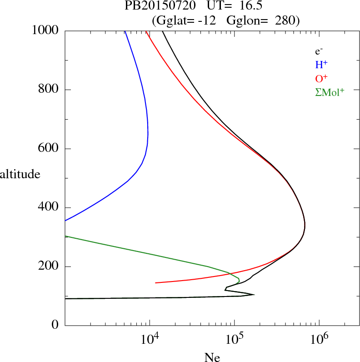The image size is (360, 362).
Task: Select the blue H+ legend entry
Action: (321, 65)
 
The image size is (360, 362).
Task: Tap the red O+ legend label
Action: (321, 78)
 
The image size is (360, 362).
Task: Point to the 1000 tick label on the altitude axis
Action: (45, 30)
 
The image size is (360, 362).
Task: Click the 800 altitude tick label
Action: (49, 90)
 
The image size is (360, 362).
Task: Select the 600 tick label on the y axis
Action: (49, 149)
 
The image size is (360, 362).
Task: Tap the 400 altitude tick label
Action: (49, 208)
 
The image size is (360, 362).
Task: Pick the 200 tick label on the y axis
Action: (49, 266)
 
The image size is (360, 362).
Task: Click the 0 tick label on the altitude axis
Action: (56, 326)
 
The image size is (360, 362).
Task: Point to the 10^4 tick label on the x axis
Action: (150, 339)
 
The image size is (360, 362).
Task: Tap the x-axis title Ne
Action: (212, 357)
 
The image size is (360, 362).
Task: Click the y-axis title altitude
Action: (20, 174)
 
